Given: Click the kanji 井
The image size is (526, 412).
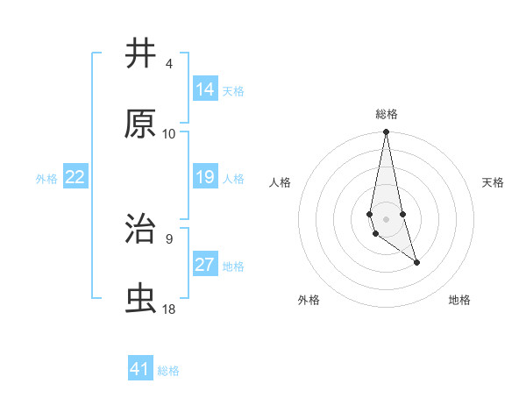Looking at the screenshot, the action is point(141,54).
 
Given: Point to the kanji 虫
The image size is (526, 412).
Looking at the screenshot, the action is point(141,299).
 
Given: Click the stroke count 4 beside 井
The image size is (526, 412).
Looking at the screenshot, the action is point(168,64).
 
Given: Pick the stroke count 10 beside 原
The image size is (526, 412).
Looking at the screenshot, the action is point(169,134).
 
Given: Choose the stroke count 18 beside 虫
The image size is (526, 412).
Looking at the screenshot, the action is point(169,309).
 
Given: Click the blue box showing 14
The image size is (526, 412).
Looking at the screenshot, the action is point(205,89).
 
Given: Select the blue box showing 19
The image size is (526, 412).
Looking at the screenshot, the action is point(205,177).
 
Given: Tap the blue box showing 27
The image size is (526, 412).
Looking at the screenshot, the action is point(205,265).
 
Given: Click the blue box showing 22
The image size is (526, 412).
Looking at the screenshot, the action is point(75,177).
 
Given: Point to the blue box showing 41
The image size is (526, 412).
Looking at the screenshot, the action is point(140,369).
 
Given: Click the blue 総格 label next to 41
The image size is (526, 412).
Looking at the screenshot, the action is point(168,371).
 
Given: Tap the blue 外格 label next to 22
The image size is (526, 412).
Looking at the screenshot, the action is point(46,179).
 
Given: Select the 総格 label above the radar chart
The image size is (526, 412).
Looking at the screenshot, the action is point(387,114).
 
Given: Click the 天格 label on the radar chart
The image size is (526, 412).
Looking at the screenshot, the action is point(494,182).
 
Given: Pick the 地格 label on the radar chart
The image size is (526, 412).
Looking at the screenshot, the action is point(459,301).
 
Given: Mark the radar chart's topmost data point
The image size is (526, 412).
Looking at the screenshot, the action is point(386,132).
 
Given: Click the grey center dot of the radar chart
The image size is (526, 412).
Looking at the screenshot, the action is point(386,217).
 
